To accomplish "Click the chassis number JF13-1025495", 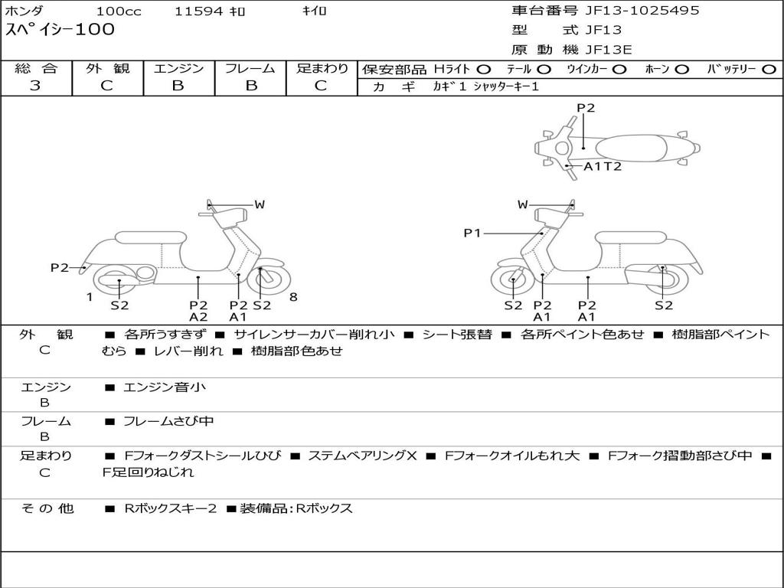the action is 642,11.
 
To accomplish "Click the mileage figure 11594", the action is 198,11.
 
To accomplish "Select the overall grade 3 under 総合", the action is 35,86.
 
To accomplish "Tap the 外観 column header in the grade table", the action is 107,68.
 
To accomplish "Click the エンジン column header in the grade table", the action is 178,68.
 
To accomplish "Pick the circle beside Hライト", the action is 484,70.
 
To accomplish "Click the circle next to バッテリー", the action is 769,70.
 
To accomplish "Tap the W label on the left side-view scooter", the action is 260,204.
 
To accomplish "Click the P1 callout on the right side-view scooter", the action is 472,233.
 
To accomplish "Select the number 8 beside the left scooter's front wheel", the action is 293,297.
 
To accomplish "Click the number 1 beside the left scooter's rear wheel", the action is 90,297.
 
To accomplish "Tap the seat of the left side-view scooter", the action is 151,237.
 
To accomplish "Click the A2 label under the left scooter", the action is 198,317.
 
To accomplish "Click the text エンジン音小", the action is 165,387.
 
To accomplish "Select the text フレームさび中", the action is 168,421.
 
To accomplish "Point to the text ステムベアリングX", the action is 362,456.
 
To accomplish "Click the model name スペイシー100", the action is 60,29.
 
